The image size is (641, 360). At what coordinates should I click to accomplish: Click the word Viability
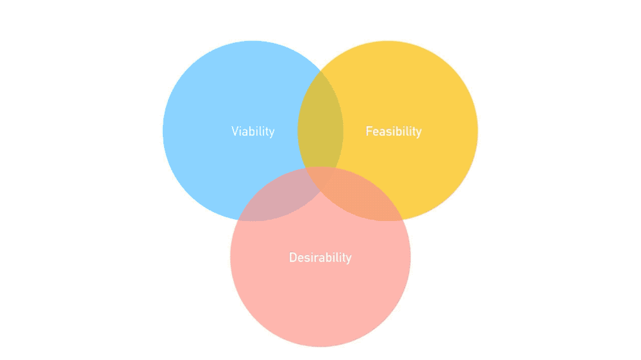pos(253,131)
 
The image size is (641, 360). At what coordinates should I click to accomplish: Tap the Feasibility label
pos(394,131)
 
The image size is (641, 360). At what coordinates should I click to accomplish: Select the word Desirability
pos(320,258)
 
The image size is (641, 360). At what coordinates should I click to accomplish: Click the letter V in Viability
pos(235,131)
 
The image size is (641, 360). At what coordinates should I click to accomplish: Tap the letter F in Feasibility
pos(369,131)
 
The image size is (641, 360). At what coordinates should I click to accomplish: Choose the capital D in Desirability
pos(293,258)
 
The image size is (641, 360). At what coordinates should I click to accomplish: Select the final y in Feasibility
pos(419,133)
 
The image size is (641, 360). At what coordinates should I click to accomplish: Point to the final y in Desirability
pos(349,259)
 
